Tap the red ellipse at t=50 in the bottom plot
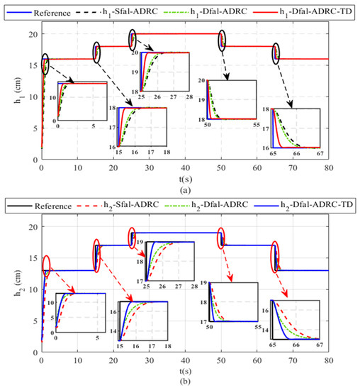222,238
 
